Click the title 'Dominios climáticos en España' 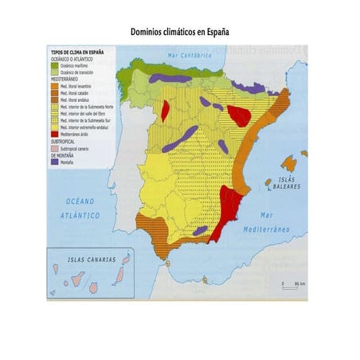point(180,33)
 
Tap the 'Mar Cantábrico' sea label point(190,56)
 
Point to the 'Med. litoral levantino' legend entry point(80,88)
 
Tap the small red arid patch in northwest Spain point(165,111)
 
